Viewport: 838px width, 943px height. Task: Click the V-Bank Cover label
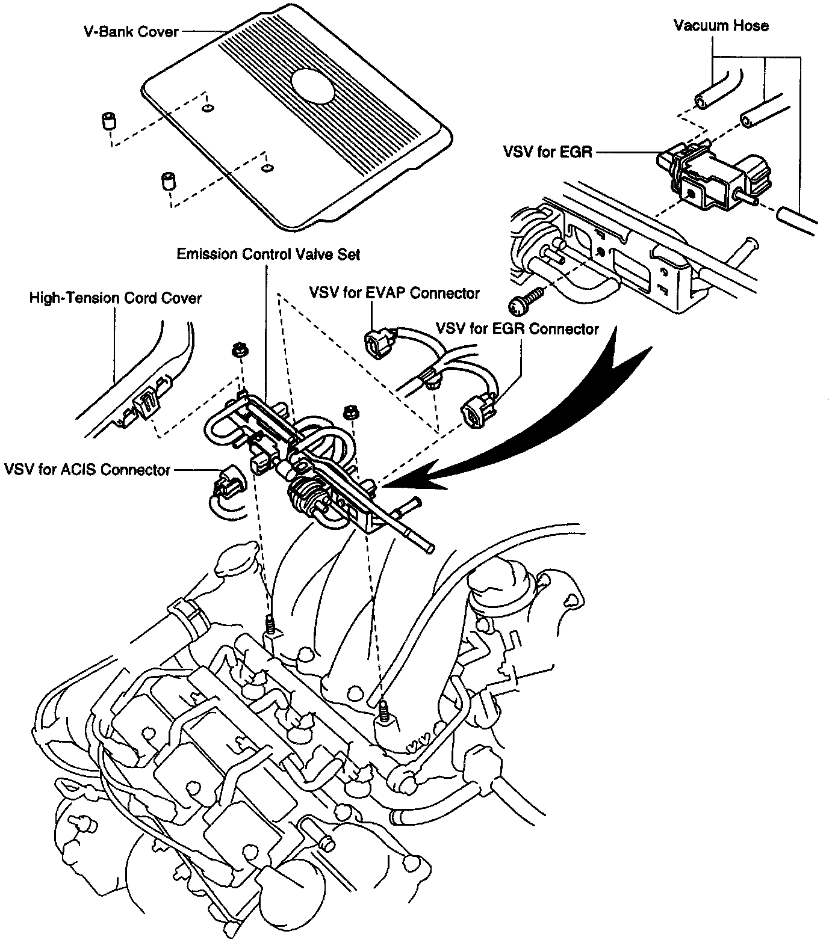click(130, 31)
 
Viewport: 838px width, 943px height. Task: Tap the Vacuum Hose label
click(721, 25)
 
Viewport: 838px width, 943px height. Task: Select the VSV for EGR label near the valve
click(547, 153)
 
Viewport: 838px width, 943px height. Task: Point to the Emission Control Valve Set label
click(268, 254)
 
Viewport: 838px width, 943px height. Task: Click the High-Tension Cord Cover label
click(116, 298)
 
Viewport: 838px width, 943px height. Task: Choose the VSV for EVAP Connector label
click(394, 293)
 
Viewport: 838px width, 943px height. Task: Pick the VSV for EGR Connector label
click(517, 329)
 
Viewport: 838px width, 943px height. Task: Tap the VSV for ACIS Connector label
click(87, 469)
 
